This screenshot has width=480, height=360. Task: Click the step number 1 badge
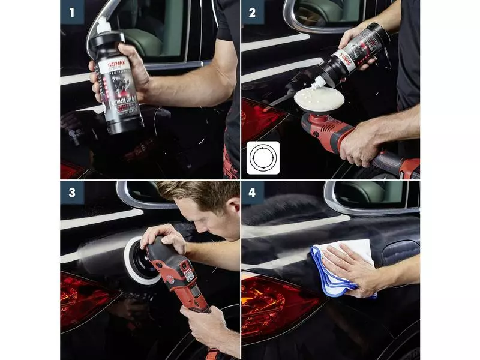pos(72,12)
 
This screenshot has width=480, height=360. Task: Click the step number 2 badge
pos(253,12)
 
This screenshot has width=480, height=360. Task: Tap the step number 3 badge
pos(72,193)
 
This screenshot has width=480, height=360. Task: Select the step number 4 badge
pos(253,193)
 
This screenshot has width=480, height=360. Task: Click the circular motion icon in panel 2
pos(263,158)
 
